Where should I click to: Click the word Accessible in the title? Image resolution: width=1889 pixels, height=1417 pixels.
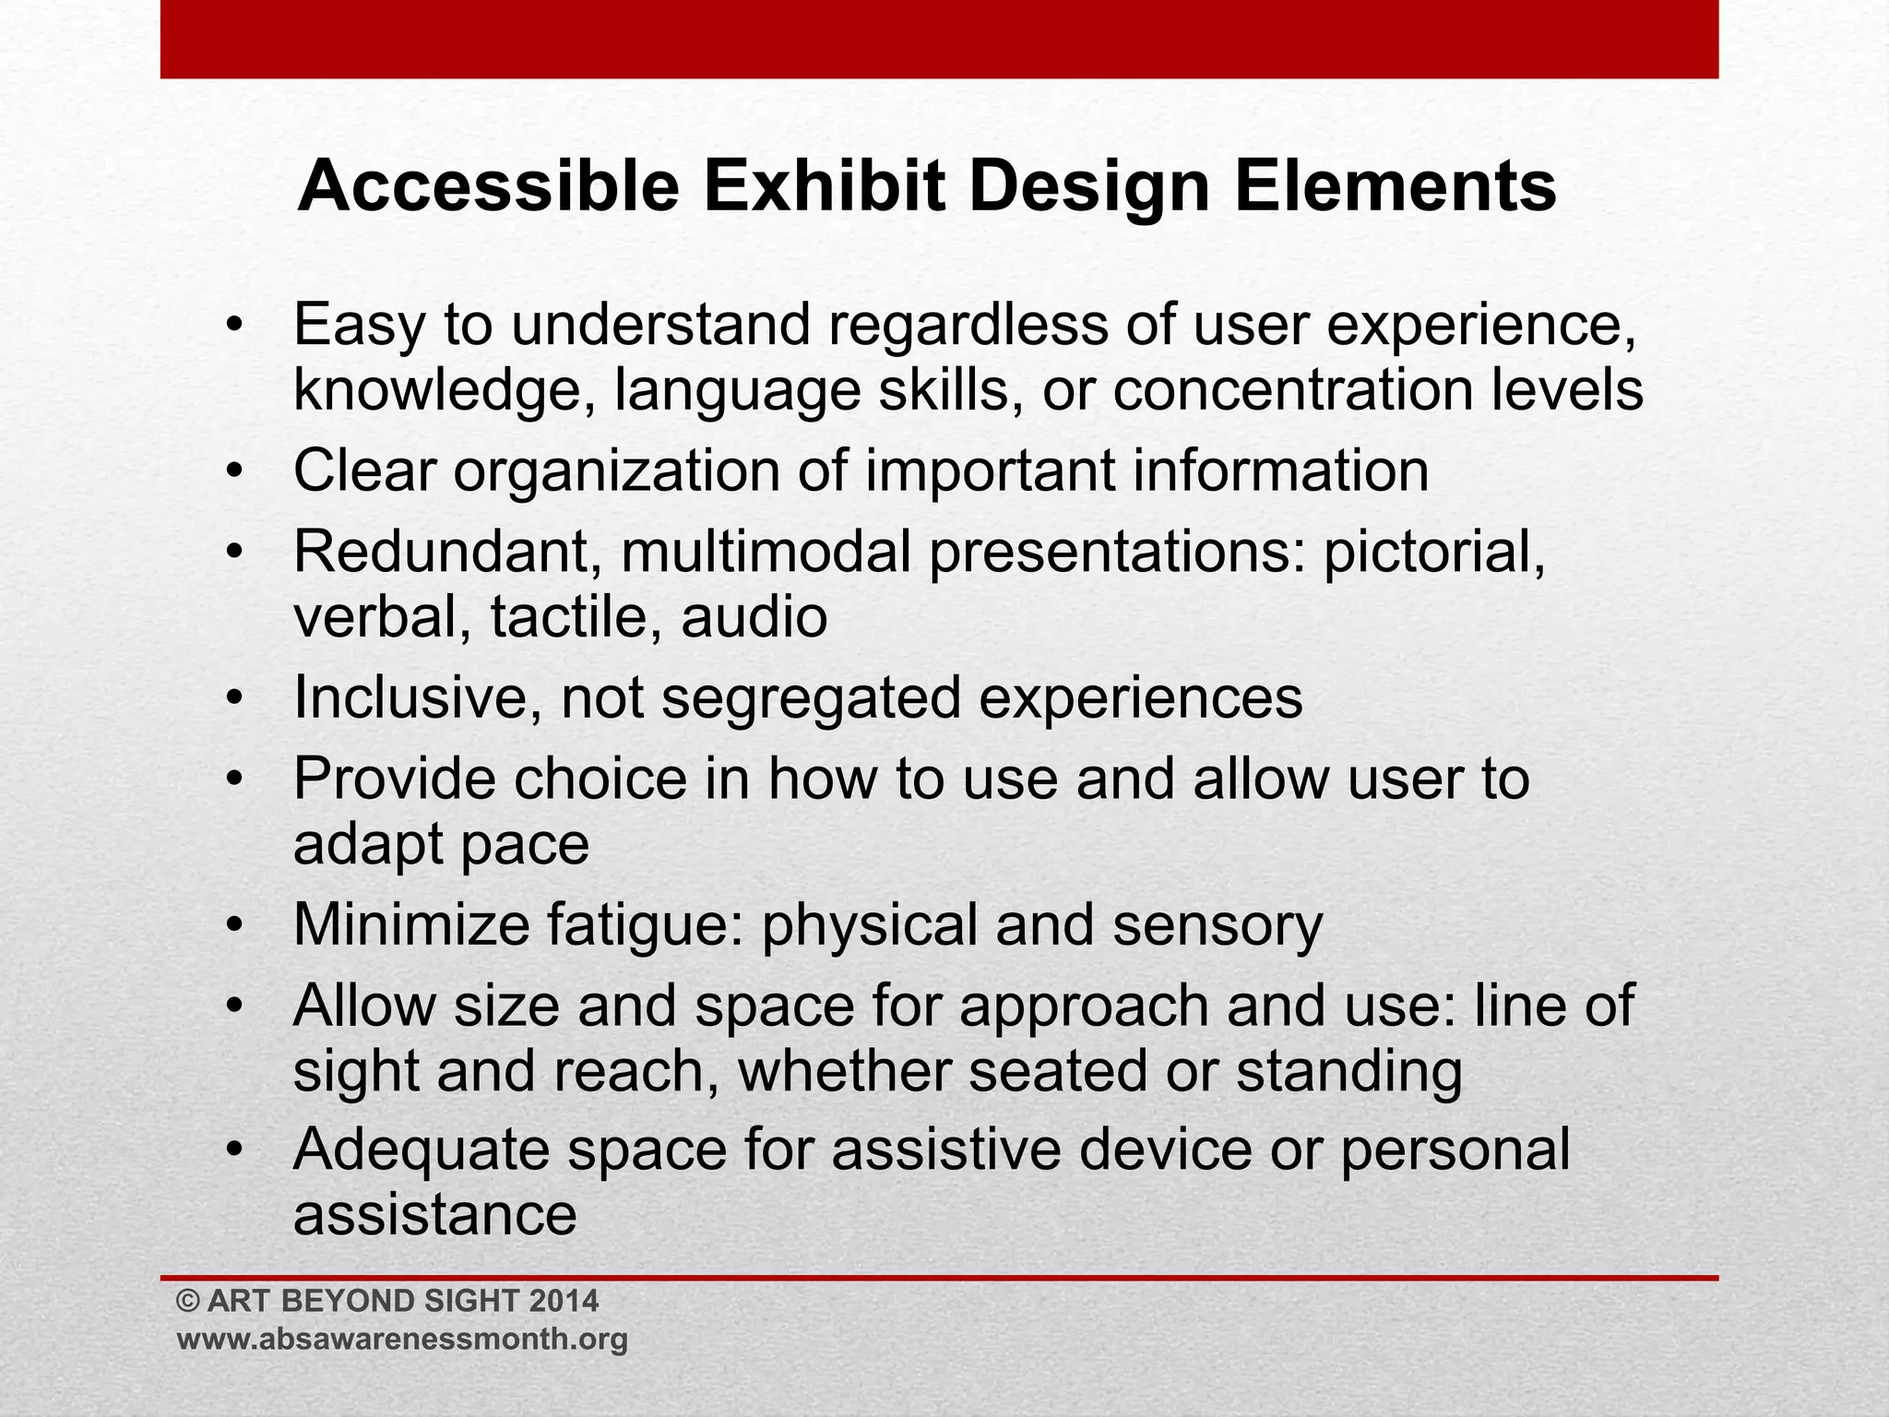point(489,187)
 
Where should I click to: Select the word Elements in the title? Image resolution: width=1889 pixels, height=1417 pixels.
point(1395,187)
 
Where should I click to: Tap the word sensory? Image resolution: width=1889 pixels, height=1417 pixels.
point(1218,925)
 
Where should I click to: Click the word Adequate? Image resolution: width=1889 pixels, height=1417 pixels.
point(420,1151)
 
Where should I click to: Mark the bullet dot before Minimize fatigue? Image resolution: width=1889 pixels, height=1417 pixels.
point(236,925)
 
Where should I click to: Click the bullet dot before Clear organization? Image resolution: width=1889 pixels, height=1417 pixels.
point(236,472)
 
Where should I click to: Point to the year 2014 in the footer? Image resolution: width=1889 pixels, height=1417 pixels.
point(564,1302)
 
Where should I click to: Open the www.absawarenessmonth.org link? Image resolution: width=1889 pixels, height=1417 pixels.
point(402,1340)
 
